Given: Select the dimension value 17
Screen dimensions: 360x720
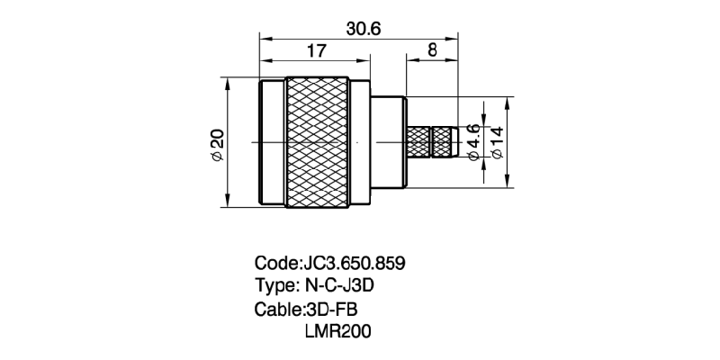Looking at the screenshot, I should [x=315, y=52].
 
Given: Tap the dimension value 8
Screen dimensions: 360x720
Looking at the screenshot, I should [x=432, y=51].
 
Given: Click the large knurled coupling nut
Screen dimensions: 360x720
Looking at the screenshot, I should [x=317, y=142].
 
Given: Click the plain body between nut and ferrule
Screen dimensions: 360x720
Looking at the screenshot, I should [x=389, y=142].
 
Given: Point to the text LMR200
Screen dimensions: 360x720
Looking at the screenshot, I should [x=339, y=331].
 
